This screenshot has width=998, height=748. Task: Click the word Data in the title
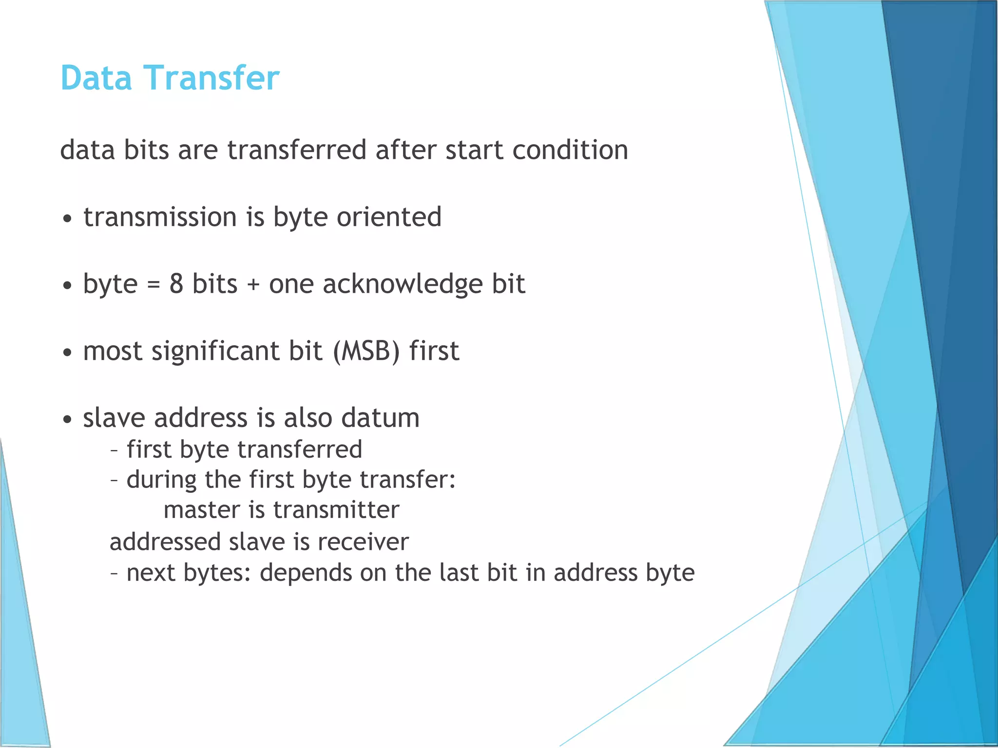click(96, 78)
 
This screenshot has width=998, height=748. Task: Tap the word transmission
click(160, 217)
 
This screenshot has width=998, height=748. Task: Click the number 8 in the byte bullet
click(176, 284)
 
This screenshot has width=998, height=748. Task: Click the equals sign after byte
click(154, 285)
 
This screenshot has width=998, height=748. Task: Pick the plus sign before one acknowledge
click(253, 285)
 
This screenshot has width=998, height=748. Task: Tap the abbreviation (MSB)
click(367, 351)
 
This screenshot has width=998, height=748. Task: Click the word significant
click(216, 351)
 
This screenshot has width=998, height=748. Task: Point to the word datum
click(380, 418)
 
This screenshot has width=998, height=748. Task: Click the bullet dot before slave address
click(68, 420)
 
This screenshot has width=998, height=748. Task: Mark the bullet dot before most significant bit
click(68, 353)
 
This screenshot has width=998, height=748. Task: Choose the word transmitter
click(336, 510)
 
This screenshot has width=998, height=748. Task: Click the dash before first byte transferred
click(114, 450)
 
